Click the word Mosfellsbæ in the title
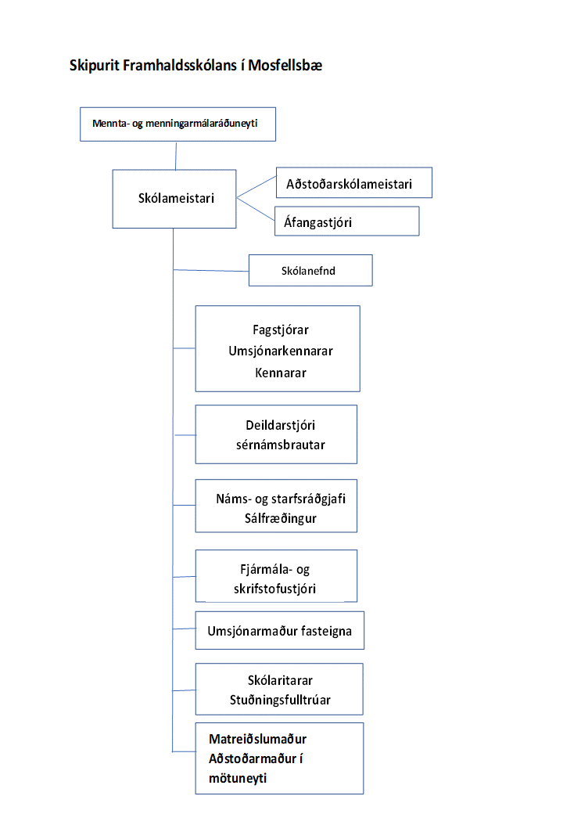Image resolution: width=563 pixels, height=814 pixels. click(285, 66)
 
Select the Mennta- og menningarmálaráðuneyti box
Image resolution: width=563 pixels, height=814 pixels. click(178, 124)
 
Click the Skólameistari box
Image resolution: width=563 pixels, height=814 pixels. click(174, 199)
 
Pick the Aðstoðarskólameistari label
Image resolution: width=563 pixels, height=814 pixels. click(349, 184)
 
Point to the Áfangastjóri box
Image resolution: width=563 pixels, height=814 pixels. click(347, 222)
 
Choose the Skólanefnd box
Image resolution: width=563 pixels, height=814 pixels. click(310, 271)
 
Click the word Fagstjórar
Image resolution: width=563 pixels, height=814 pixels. click(281, 330)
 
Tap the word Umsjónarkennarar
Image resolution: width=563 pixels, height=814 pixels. click(281, 351)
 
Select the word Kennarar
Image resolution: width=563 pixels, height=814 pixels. click(281, 373)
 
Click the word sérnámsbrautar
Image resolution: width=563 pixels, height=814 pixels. click(281, 445)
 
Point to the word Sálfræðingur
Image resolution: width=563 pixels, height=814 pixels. click(281, 519)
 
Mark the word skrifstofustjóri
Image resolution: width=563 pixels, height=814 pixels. click(274, 589)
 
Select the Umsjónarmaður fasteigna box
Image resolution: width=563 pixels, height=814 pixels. click(280, 630)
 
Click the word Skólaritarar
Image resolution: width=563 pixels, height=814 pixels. click(280, 680)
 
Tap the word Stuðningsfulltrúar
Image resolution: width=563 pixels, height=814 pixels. click(280, 700)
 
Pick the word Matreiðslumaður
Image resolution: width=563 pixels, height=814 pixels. click(258, 739)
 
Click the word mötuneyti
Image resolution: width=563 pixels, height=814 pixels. click(238, 778)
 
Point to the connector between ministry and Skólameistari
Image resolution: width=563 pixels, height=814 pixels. click(176, 155)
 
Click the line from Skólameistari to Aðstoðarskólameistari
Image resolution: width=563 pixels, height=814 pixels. click(256, 187)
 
